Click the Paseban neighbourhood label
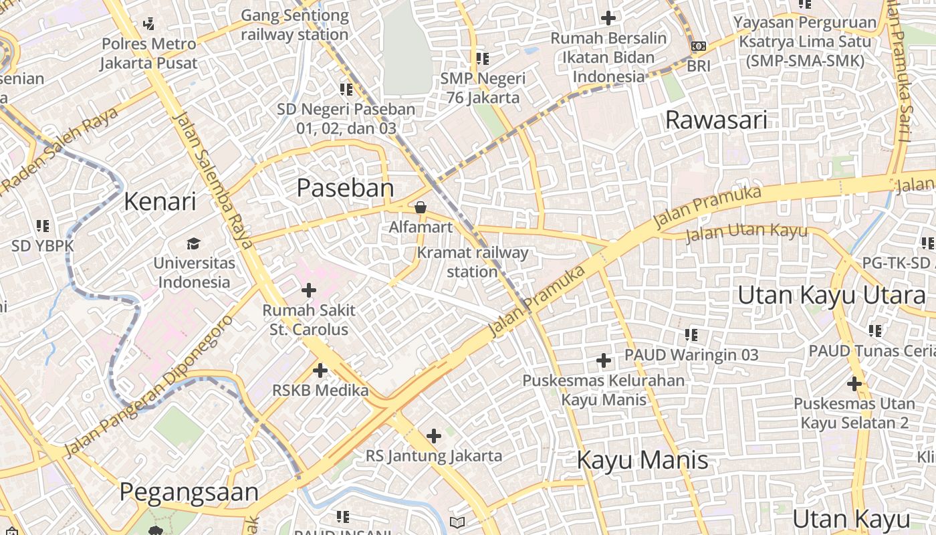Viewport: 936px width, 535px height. click(345, 188)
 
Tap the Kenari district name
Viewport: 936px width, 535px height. click(160, 201)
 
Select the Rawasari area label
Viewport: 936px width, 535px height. click(716, 120)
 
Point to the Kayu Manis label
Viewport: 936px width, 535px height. click(642, 460)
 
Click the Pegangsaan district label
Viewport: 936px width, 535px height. click(189, 492)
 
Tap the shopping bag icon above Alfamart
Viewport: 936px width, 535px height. click(421, 207)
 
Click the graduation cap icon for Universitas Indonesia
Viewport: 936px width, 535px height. click(194, 243)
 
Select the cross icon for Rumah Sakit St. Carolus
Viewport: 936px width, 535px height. click(308, 290)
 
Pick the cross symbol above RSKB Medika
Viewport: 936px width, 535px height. click(320, 370)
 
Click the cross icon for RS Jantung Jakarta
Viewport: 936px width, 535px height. click(433, 436)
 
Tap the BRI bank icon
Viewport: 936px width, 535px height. click(698, 46)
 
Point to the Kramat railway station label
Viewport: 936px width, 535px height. click(472, 262)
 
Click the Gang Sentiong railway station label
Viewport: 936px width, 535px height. click(294, 25)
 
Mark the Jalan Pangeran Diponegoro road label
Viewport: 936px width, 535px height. click(150, 385)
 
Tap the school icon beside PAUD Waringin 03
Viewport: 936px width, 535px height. click(691, 334)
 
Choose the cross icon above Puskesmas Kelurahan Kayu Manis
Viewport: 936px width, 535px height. click(603, 361)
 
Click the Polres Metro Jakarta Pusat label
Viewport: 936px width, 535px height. click(149, 53)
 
